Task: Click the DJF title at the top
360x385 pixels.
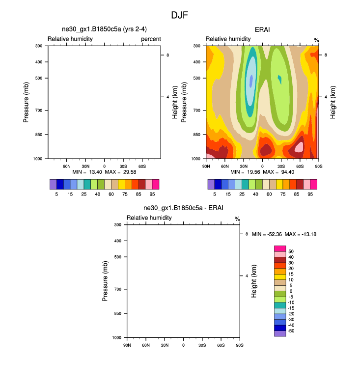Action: click(179, 15)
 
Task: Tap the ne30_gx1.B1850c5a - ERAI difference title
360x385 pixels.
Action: click(183, 208)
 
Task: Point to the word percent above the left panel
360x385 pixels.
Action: click(151, 39)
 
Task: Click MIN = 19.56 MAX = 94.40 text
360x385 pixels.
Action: click(261, 172)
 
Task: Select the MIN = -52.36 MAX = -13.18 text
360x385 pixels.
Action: click(284, 234)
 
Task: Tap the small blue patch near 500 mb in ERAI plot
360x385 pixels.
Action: click(251, 81)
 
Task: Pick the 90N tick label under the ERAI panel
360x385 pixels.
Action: click(206, 167)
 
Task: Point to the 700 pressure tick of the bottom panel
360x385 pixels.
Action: click(117, 289)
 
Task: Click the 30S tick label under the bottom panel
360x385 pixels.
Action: click(202, 346)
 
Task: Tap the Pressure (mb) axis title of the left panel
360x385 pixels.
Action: click(27, 102)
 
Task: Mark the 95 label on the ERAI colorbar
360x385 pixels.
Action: click(310, 194)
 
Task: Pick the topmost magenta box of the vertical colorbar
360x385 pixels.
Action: click(279, 248)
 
